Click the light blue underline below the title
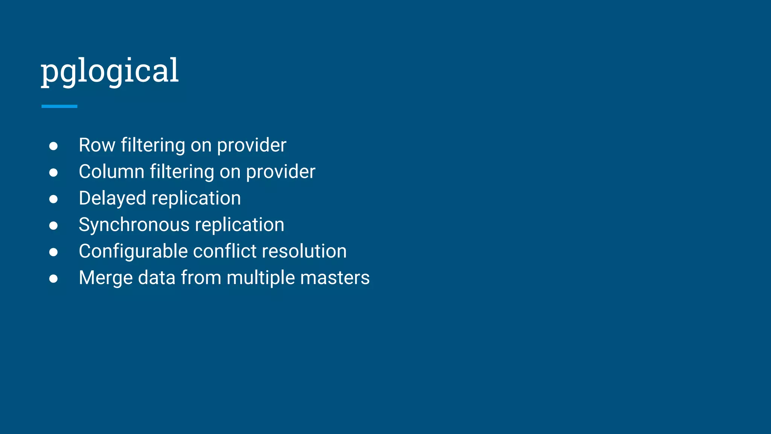click(59, 106)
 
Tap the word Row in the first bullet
click(97, 145)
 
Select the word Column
click(111, 172)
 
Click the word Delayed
click(112, 198)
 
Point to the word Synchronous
click(134, 225)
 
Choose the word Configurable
click(133, 251)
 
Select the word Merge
click(105, 278)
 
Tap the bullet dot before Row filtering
click(53, 146)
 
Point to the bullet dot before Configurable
click(53, 252)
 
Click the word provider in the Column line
click(280, 172)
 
